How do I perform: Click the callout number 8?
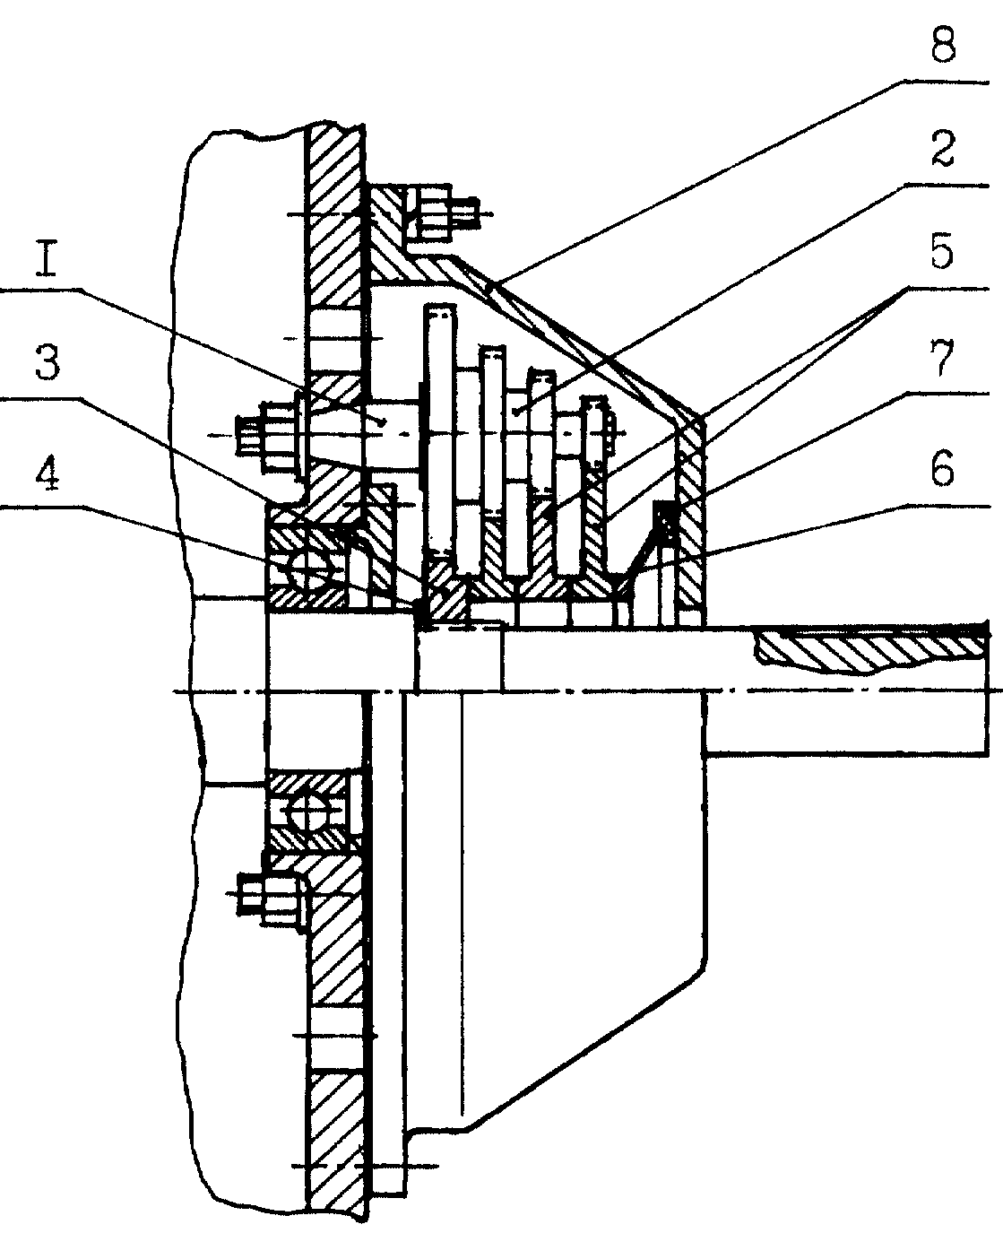tap(943, 48)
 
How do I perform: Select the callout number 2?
tap(943, 150)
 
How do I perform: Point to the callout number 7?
tap(943, 358)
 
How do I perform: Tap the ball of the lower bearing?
tap(307, 811)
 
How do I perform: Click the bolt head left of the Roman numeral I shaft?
tap(267, 434)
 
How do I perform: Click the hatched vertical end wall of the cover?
tap(691, 516)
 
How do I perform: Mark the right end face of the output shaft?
tap(987, 689)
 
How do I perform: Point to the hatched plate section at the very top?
tap(335, 215)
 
